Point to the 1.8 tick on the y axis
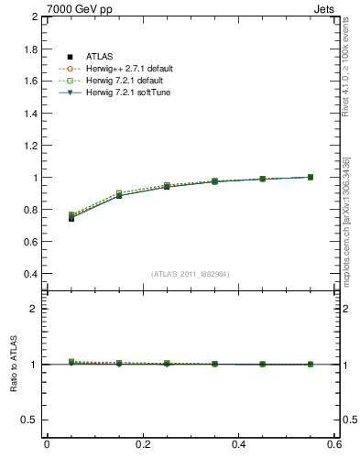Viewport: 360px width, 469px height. [29, 49]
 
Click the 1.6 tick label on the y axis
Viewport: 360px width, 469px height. [29, 82]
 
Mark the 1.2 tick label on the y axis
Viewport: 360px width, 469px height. [29, 146]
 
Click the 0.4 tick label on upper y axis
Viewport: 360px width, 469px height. [29, 274]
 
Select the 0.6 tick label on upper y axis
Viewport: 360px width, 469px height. [29, 242]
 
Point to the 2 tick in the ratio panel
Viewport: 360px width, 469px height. [35, 309]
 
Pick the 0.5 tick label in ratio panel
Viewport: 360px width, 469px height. [29, 420]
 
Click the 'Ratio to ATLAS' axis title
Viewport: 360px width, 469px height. [14, 365]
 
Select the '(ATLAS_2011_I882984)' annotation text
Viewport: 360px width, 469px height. [191, 273]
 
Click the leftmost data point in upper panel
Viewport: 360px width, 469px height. [71, 218]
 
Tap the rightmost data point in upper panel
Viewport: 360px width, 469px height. [310, 177]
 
